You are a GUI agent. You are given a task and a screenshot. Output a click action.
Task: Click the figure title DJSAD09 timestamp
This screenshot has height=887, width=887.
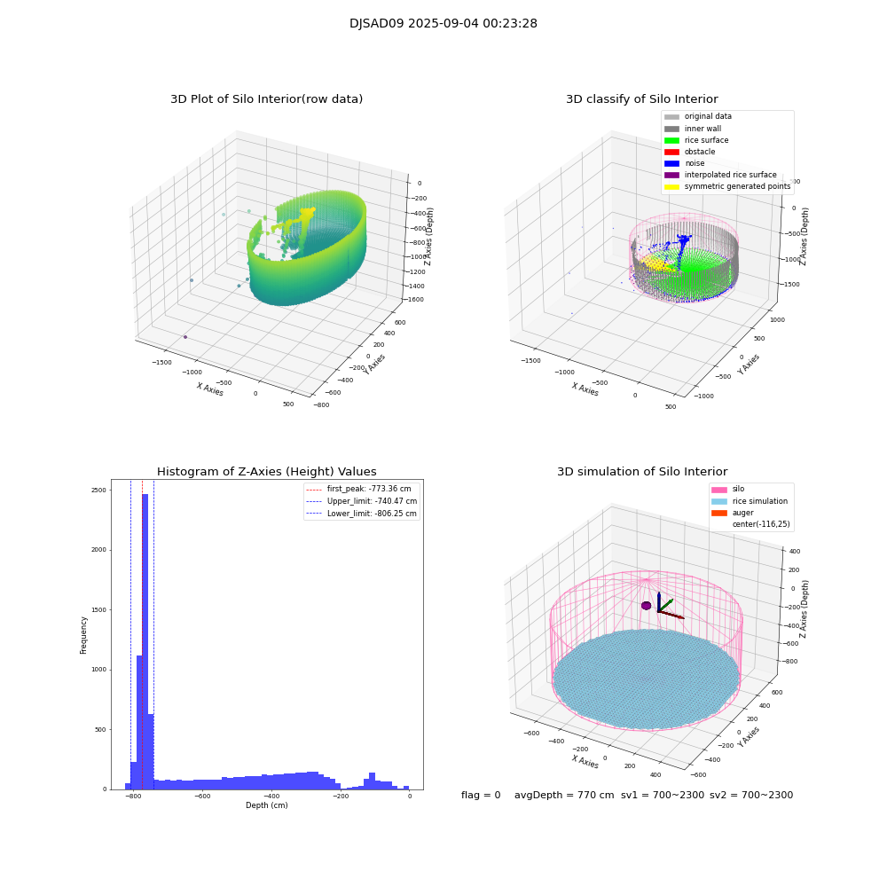coord(443,24)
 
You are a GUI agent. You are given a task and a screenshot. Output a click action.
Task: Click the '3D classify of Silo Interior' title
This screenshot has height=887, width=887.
coord(642,99)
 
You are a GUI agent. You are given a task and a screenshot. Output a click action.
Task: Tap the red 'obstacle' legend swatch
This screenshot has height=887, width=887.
coord(671,152)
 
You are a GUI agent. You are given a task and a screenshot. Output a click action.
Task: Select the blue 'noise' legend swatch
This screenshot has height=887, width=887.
coord(671,163)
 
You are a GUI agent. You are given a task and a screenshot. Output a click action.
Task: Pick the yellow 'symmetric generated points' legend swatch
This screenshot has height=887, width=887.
coord(671,186)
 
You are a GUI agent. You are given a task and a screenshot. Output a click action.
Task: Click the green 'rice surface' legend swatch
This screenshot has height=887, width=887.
coord(671,140)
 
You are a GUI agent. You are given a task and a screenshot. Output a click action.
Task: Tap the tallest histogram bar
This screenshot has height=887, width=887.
coord(145,639)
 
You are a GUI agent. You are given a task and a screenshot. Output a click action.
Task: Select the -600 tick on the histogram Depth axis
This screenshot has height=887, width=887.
coord(202,797)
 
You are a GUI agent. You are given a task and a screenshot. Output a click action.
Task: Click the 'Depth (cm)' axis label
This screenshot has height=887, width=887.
coord(266,805)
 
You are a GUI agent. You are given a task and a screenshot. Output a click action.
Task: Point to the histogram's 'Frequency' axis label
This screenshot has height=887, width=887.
coord(83,635)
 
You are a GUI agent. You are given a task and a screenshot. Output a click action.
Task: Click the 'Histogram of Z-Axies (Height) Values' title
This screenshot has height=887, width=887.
coord(266,472)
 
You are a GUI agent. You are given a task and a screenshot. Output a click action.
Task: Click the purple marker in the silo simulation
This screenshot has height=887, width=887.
coord(647,606)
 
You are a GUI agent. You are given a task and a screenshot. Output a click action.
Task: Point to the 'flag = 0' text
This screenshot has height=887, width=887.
coord(481,795)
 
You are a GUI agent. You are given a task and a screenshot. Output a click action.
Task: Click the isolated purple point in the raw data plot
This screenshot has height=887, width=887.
coord(185,337)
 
